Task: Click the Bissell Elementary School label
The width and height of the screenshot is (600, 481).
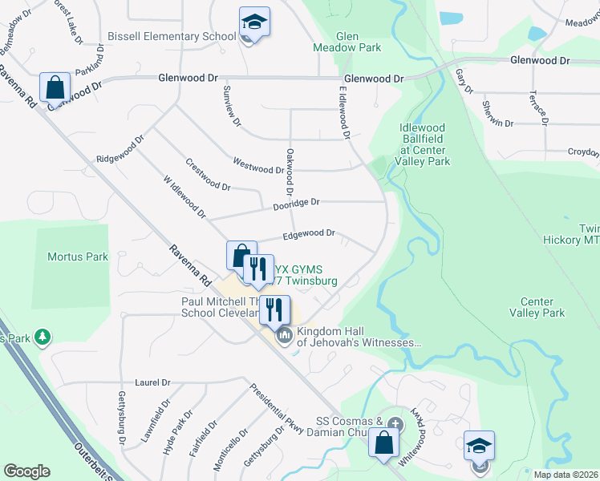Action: click(172, 36)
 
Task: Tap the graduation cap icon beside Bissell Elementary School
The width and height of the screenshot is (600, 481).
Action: click(254, 22)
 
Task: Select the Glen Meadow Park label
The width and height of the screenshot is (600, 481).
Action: click(347, 42)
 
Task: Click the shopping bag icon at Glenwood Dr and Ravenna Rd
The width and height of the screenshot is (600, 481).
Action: click(55, 87)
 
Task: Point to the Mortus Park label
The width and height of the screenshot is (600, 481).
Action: click(77, 257)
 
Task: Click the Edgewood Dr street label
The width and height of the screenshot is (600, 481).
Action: click(308, 233)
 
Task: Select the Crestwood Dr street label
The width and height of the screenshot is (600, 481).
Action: click(209, 174)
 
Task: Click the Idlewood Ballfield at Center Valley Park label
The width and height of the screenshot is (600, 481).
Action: click(424, 144)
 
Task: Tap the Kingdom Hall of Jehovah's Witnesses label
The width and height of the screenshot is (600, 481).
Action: click(359, 337)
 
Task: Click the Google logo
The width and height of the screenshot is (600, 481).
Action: click(27, 471)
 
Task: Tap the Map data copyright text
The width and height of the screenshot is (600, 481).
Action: click(566, 475)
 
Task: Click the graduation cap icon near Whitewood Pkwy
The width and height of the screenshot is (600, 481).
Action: click(480, 446)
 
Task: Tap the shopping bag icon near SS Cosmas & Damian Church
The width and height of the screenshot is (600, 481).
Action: click(384, 442)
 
